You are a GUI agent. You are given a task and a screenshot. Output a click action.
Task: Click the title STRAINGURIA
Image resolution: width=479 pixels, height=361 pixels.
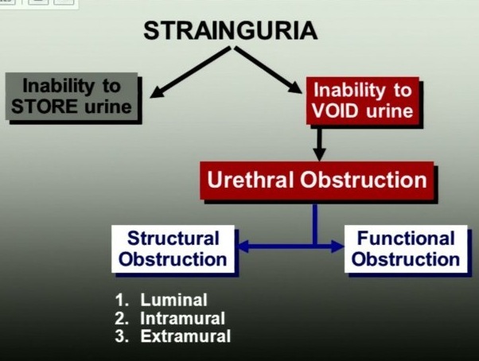[x=231, y=31]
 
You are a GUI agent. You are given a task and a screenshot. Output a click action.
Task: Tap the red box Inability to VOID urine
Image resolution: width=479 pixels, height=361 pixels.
[x=363, y=100]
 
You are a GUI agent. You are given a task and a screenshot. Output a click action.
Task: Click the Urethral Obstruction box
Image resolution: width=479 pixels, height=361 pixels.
[x=317, y=180]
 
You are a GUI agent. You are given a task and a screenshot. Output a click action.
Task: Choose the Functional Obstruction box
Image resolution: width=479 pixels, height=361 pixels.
[x=406, y=249]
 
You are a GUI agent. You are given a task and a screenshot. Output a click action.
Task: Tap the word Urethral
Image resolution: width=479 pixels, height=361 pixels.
[x=249, y=180]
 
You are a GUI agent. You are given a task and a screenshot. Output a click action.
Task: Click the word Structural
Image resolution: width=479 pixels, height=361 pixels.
[x=173, y=239]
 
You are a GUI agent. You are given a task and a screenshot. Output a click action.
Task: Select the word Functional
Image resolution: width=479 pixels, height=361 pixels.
[x=406, y=239]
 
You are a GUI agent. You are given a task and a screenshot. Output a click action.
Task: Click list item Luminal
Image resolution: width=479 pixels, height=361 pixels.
[x=173, y=301]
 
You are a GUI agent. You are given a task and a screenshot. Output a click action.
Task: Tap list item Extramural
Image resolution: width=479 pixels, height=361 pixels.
[x=185, y=336]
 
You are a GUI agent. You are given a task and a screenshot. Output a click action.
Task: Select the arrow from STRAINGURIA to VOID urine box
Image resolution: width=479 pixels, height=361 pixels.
[x=271, y=70]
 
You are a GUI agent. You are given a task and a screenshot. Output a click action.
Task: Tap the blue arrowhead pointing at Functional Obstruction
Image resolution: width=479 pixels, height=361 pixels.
[x=335, y=247]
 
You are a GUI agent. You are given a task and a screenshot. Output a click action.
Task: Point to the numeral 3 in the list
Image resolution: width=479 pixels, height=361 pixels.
[x=121, y=336]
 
